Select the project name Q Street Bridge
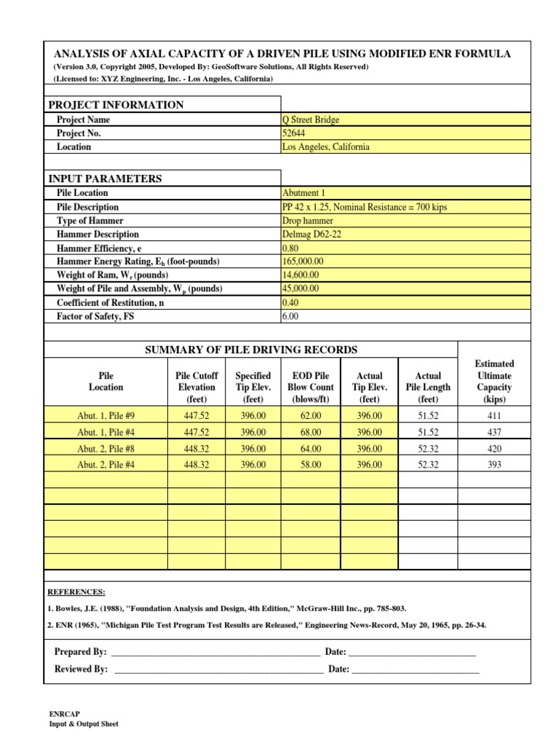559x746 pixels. coord(311,119)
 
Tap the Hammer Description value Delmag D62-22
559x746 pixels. coord(309,235)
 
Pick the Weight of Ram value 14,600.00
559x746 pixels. coord(300,275)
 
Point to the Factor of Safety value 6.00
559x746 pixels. coord(290,317)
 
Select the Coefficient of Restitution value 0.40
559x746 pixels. coord(290,302)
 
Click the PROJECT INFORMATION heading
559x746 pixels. coord(116,105)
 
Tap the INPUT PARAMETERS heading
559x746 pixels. coord(105,178)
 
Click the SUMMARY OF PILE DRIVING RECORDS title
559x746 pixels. coord(252,350)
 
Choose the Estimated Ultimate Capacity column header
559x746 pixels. coord(494,381)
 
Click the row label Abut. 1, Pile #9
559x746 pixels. coord(106,416)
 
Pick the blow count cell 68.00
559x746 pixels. coord(311,433)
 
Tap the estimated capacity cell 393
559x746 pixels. coord(494,465)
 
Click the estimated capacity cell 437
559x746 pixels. coord(494,433)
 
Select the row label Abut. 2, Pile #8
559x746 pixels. coord(106,449)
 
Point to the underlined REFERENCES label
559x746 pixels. coord(76,592)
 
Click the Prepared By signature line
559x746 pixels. coord(215,651)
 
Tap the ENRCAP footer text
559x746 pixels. coord(63,714)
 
